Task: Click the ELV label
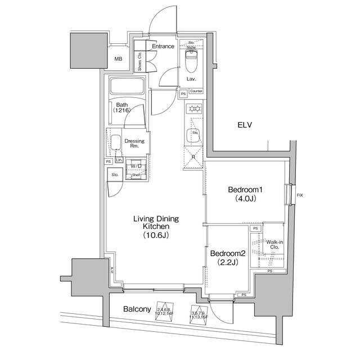244,125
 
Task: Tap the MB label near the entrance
119,59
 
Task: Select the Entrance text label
164,46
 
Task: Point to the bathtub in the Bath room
127,87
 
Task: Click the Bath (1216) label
121,108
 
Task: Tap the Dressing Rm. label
134,143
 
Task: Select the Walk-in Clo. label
274,244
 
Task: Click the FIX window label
300,195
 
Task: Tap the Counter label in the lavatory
196,91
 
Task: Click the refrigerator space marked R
193,157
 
